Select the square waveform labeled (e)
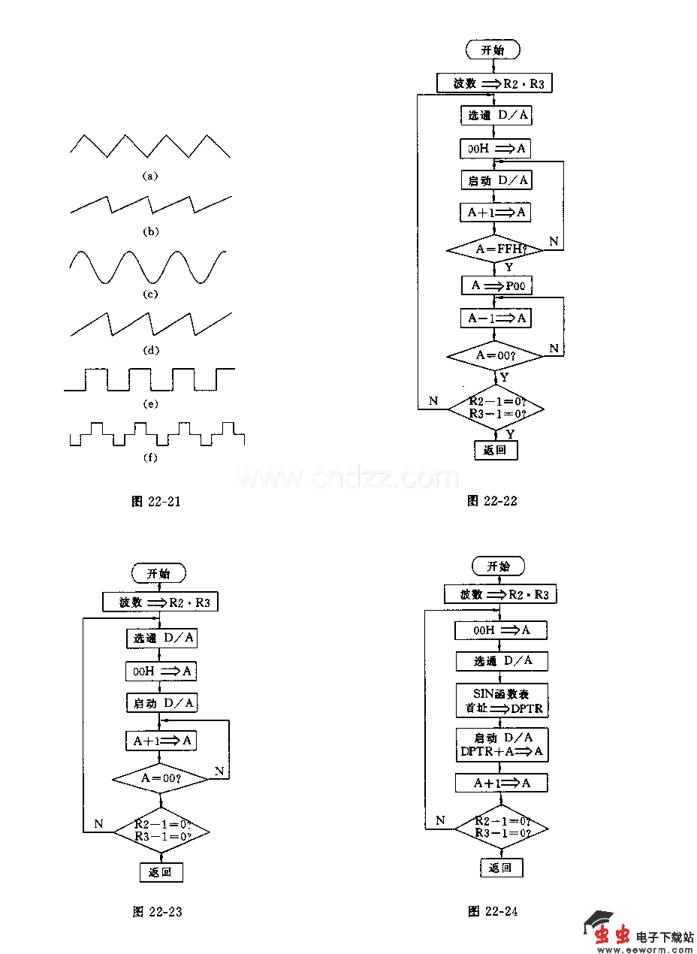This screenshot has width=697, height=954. click(150, 379)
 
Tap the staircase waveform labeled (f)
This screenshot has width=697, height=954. click(157, 434)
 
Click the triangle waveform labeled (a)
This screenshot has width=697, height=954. click(150, 146)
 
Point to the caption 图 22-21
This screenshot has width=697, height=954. click(155, 502)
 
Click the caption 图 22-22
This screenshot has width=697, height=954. click(492, 500)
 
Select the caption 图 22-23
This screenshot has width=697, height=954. click(157, 912)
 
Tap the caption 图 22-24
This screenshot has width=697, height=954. click(493, 911)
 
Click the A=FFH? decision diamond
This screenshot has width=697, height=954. click(495, 249)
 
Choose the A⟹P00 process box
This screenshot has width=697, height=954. click(495, 285)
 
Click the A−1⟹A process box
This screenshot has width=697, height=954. click(495, 319)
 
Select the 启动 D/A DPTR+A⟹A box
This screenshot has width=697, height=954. click(501, 745)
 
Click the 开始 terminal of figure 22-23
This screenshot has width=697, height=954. click(158, 573)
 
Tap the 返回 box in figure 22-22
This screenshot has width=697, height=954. click(496, 450)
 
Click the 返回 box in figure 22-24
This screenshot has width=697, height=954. click(501, 868)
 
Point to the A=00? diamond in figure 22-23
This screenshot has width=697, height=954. click(161, 778)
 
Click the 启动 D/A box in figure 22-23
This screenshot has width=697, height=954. click(161, 703)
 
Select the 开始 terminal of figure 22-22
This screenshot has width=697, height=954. click(493, 50)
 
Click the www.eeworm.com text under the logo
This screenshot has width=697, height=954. click(645, 949)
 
